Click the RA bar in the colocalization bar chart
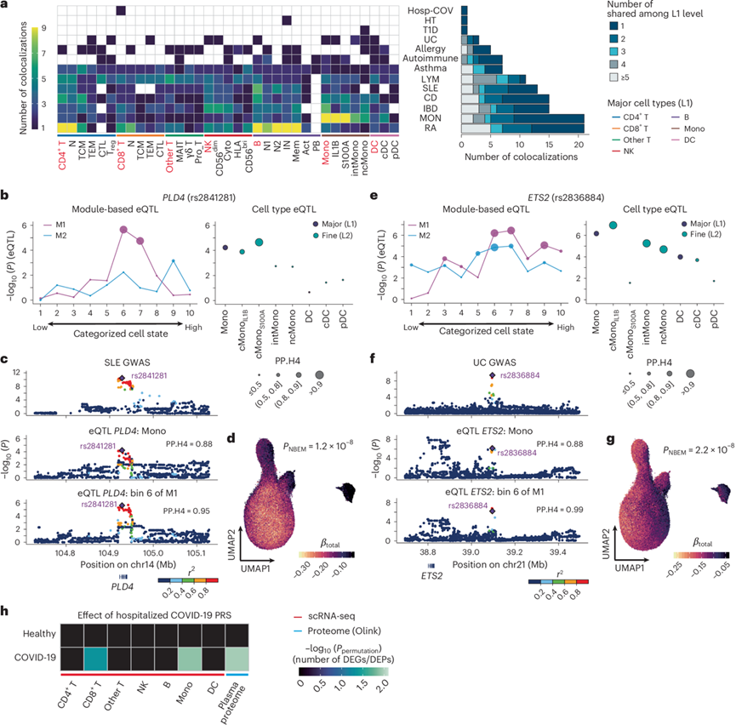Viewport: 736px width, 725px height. pos(521,128)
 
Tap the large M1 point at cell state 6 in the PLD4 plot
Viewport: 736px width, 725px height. pos(124,229)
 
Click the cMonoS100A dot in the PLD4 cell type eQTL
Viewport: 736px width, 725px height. pos(259,243)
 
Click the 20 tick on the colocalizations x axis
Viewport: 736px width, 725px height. pos(577,144)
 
